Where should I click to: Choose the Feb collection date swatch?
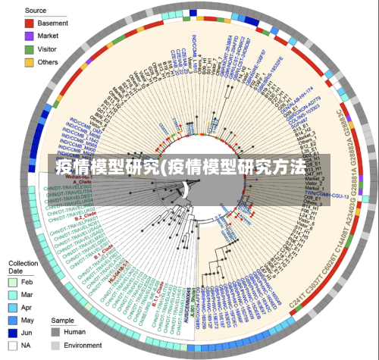[13, 282]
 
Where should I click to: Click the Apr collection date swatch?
[13, 308]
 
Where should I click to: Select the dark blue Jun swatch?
[13, 333]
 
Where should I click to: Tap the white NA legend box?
[13, 346]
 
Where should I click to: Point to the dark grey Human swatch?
[55, 331]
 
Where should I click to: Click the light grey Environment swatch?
[55, 344]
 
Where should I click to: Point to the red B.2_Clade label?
[84, 217]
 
